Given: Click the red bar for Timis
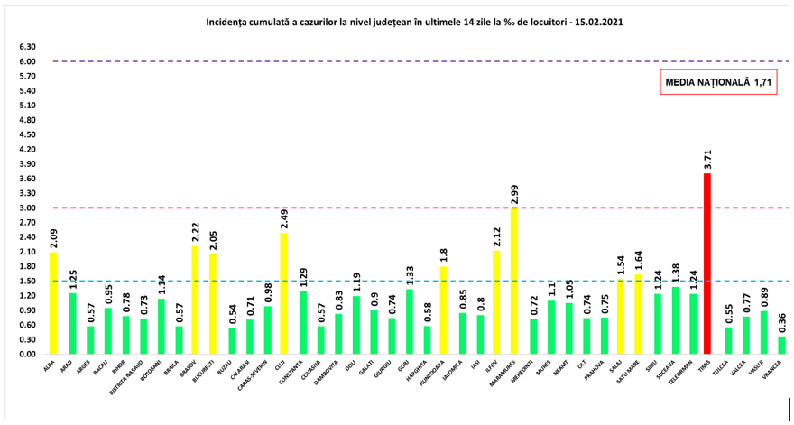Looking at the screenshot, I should tap(707, 263).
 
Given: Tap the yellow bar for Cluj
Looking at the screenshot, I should tap(285, 293).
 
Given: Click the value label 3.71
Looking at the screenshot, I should tap(707, 160).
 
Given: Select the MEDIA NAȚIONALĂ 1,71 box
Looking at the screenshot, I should tap(719, 82).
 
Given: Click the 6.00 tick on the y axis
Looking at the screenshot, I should tap(26, 61).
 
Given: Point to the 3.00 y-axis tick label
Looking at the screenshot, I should tap(26, 208).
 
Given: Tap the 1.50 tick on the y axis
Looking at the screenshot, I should tap(26, 281).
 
